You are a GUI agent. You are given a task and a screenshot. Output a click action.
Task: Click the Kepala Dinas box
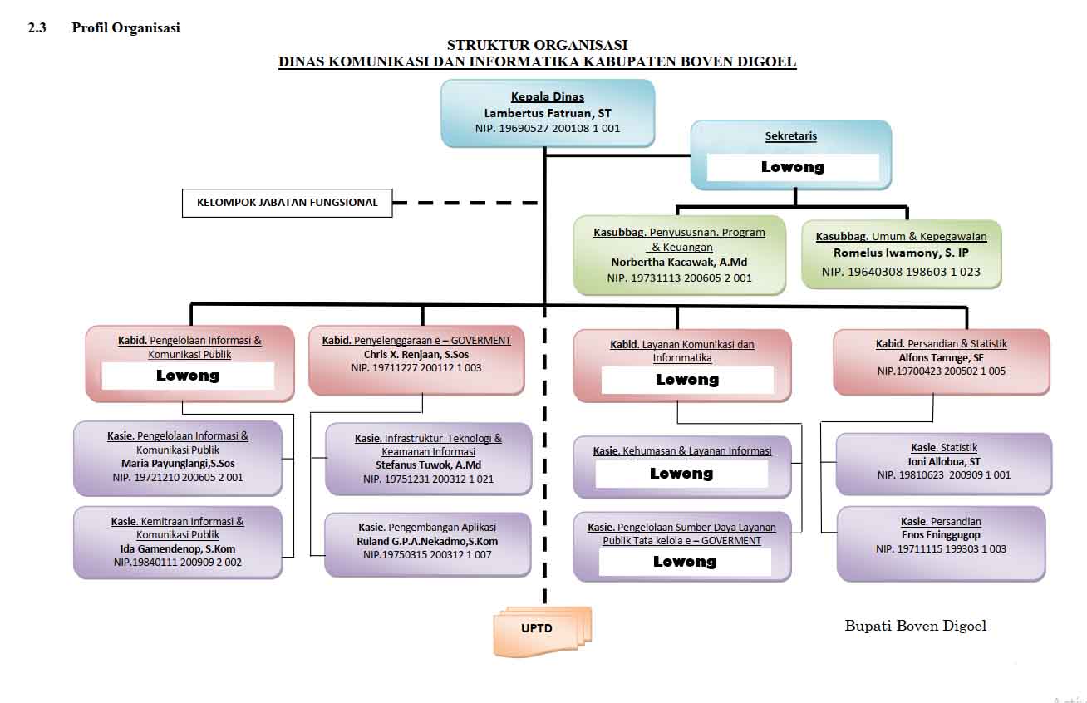[547, 112]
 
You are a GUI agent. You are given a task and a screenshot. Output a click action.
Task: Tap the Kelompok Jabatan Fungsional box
[287, 202]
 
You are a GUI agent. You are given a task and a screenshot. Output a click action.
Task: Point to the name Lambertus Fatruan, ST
[547, 113]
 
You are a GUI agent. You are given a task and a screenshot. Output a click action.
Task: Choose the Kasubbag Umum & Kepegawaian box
[901, 254]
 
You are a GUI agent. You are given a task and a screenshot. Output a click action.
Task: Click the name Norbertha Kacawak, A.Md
[679, 263]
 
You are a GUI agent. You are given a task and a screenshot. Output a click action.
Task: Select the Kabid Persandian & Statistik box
[941, 361]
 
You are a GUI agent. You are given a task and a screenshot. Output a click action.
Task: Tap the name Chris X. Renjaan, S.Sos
[416, 354]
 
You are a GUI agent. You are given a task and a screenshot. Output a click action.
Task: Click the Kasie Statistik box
[943, 463]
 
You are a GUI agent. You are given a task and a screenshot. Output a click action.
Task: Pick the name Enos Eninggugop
[941, 535]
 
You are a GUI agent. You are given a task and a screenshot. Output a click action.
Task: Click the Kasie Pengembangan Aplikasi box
[427, 543]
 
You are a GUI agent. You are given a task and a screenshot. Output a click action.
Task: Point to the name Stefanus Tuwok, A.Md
[428, 465]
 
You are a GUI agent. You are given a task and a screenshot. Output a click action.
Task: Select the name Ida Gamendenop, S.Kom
[178, 549]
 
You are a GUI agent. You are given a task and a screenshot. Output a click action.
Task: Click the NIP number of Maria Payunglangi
[178, 477]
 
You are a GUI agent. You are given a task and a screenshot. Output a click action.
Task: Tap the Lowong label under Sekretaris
[793, 167]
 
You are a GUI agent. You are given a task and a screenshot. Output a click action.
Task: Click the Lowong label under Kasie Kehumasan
[681, 474]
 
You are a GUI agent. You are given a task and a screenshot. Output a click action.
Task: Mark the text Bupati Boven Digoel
[915, 627]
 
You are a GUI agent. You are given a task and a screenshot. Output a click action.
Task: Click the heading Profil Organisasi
[125, 27]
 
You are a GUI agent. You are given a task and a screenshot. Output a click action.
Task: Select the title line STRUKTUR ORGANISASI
[537, 45]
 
